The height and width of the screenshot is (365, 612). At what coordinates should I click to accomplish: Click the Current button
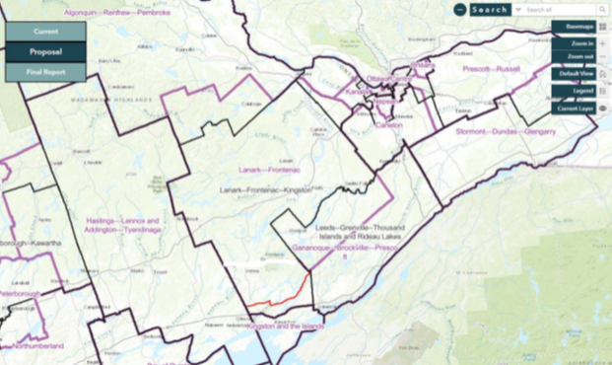[x=45, y=32]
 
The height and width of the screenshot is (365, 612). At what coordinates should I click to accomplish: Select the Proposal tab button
[x=45, y=51]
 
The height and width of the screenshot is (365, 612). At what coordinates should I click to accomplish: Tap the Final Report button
[x=45, y=71]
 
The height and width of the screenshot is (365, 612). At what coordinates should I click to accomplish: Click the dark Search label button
[x=490, y=10]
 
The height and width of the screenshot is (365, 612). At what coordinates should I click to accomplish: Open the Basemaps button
[x=573, y=27]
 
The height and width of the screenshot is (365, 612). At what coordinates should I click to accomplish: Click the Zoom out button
[x=575, y=58]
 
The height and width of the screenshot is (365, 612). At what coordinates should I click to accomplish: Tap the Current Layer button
[x=574, y=109]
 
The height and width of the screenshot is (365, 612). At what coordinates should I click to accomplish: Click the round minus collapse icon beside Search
[x=460, y=10]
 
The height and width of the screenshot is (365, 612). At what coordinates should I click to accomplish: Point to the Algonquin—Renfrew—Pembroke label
[x=117, y=13]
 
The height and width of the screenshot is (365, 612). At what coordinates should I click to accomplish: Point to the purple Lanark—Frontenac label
[x=269, y=169]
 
